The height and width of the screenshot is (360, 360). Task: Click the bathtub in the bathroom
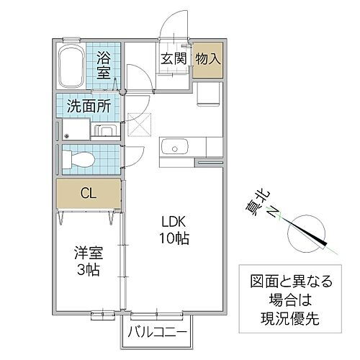coord(71,66)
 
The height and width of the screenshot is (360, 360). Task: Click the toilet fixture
coord(79,158)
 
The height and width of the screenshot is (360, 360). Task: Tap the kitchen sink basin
coord(175,148)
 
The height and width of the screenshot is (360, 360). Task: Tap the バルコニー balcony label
coord(158,332)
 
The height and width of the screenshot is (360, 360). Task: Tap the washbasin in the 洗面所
coord(104,130)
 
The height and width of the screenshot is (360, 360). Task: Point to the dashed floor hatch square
coord(136,125)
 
